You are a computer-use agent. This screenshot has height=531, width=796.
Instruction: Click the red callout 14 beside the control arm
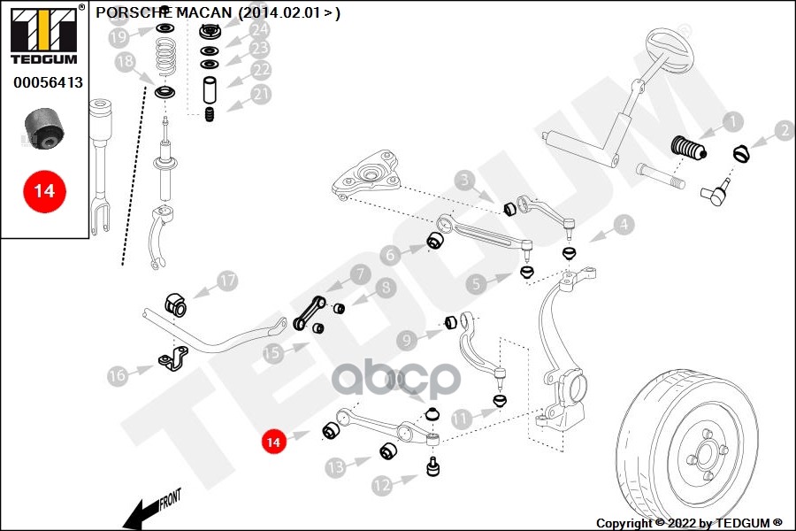coord(273,440)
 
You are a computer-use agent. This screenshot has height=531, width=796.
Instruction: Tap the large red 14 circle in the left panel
coord(44,190)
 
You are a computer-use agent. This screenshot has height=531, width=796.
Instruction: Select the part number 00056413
coord(48,82)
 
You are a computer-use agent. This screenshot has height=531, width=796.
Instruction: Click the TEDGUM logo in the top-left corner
coord(42,35)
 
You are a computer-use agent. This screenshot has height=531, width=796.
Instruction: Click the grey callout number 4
coord(624,225)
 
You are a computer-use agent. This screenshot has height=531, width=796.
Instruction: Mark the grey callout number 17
coord(228,281)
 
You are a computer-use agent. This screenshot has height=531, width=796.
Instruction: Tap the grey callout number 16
coord(118,375)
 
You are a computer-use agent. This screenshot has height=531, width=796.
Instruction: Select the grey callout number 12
coord(381,484)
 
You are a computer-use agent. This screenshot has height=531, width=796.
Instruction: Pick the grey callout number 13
coord(335,466)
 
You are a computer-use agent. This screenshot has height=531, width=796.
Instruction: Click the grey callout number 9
coord(406,340)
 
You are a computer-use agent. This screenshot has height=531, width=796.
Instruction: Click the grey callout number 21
coord(261,94)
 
